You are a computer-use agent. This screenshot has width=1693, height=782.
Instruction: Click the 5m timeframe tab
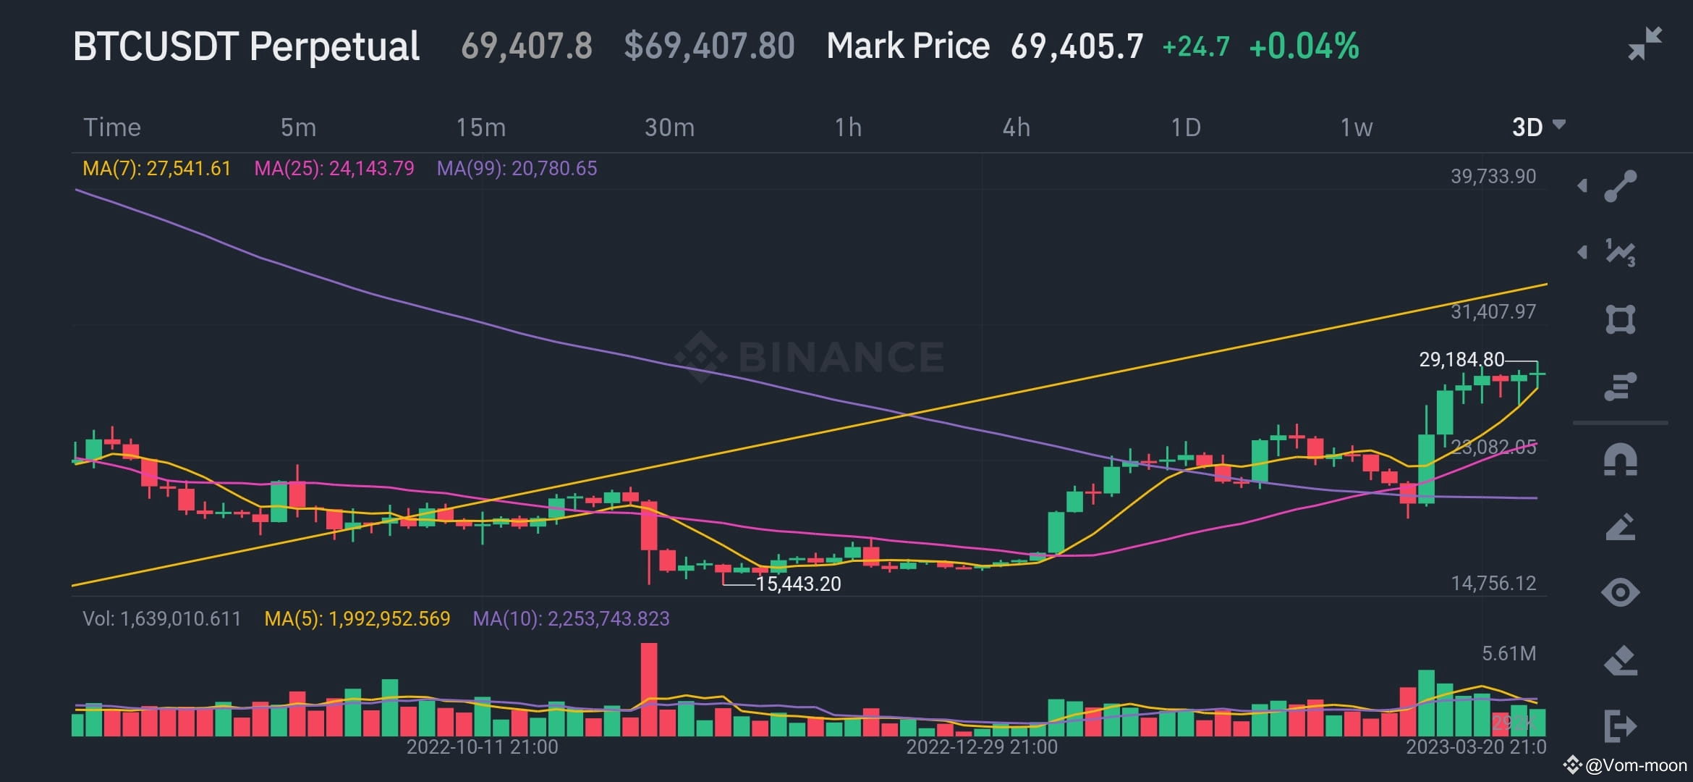298,127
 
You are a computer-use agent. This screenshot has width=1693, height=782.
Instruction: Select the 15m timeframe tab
480,127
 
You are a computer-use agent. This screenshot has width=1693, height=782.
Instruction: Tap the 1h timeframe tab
848,127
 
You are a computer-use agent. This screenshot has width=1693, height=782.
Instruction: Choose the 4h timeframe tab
1016,127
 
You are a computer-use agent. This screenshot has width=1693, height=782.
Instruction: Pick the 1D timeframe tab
1185,127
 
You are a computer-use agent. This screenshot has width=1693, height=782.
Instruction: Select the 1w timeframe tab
1356,127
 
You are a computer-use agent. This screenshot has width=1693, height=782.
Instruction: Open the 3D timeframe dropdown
1537,127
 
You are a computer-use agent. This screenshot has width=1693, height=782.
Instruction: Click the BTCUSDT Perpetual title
246,46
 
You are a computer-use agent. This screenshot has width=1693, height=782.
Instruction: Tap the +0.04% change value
1304,46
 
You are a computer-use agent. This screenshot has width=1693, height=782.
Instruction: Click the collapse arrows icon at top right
1645,43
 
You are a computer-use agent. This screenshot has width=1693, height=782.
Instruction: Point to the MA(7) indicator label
156,169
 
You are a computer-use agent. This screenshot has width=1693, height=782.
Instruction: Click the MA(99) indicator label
517,169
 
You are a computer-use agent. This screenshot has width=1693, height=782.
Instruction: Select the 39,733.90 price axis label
1493,176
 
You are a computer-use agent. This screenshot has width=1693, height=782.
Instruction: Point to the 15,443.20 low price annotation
798,584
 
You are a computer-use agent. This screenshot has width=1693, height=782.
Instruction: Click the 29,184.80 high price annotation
1461,359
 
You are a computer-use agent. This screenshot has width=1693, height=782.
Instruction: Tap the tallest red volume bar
649,689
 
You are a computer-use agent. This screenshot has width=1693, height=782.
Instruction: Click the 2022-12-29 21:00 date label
981,747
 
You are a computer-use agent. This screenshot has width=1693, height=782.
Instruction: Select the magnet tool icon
1620,460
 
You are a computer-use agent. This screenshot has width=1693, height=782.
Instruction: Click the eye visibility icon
1620,592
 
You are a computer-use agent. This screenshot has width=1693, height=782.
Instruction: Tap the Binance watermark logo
809,356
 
